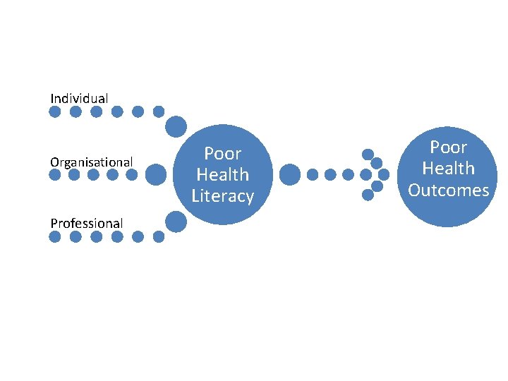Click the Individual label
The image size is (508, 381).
click(79, 98)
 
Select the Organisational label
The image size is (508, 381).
click(91, 162)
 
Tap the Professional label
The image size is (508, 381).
click(86, 223)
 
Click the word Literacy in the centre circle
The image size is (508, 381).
click(223, 196)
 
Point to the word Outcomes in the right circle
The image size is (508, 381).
click(449, 190)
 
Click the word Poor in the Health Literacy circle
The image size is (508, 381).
click(223, 153)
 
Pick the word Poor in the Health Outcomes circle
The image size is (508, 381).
click(449, 147)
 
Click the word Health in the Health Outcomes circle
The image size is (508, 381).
click(449, 169)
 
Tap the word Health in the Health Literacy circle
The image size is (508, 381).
click(223, 174)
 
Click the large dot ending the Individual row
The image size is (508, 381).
click(176, 127)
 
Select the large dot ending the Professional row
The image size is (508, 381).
click(176, 223)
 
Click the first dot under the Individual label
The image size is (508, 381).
click(55, 111)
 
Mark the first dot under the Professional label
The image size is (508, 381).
click(55, 237)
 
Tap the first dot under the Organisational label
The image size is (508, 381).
click(55, 174)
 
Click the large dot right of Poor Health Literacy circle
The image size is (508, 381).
click(290, 174)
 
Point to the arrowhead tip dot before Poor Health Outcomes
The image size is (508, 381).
click(384, 174)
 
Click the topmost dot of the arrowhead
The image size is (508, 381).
click(368, 154)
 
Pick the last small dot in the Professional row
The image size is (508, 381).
click(158, 237)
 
